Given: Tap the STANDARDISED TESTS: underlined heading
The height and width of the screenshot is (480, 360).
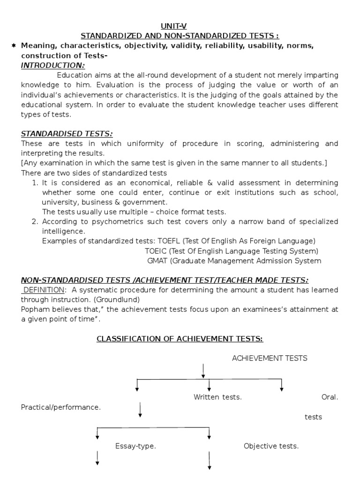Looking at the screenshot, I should [x=67, y=134].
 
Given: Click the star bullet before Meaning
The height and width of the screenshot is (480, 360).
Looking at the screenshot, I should [x=13, y=45].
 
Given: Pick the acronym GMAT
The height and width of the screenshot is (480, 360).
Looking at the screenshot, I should [x=157, y=261].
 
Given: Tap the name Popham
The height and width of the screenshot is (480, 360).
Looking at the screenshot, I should [x=34, y=309].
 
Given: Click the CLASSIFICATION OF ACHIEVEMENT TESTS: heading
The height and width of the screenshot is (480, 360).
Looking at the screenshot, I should [x=180, y=338].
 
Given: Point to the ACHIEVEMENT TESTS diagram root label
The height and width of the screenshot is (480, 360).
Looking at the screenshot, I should [x=270, y=358].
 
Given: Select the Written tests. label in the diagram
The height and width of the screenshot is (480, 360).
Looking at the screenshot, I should [x=217, y=397].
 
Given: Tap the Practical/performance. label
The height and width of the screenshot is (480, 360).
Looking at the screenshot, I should [x=61, y=407].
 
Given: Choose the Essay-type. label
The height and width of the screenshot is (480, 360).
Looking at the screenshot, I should [x=135, y=446].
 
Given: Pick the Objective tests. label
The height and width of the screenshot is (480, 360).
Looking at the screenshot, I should [x=271, y=446].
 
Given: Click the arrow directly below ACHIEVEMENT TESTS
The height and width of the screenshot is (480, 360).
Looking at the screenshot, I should [x=203, y=370].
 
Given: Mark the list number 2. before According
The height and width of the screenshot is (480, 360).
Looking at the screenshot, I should [x=35, y=222].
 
